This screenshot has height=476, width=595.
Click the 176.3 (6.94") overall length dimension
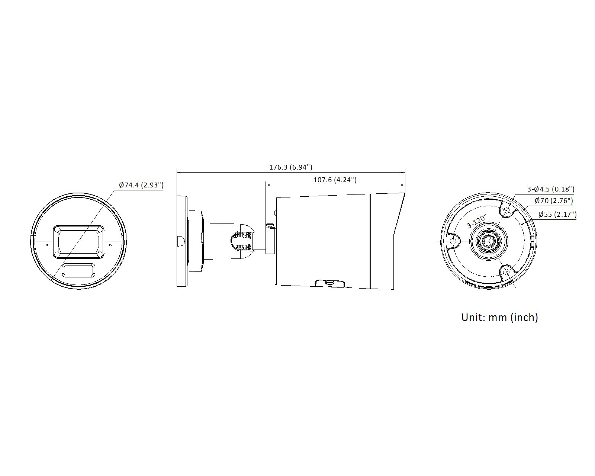(291, 167)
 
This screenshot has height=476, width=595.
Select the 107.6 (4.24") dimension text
(335, 180)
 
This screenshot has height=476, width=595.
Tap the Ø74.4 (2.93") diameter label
(141, 185)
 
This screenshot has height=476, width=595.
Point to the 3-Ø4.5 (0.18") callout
(551, 189)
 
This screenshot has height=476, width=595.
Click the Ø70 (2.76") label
(553, 200)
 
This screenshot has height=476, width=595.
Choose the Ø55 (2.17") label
(557, 214)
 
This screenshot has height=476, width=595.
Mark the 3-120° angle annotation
(476, 221)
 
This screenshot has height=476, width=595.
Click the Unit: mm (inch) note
(499, 317)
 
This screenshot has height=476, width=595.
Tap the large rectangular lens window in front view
(78, 242)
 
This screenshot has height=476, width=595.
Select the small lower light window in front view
(78, 270)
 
